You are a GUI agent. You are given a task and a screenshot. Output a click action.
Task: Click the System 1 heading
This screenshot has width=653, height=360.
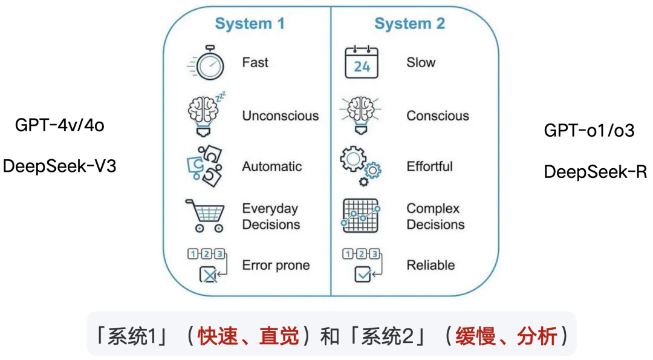pyautogui.click(x=250, y=24)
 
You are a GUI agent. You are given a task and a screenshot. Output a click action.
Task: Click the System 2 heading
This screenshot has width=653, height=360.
pyautogui.click(x=409, y=24)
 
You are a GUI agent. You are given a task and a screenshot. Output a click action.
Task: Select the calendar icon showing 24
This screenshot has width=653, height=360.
pyautogui.click(x=361, y=62)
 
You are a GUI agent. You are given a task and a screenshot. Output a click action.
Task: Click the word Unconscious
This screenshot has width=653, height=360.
pyautogui.click(x=280, y=116)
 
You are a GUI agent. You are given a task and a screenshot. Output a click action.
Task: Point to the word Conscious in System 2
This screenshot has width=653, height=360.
pyautogui.click(x=437, y=116)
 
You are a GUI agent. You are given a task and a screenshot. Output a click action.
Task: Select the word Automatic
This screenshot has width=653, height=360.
pyautogui.click(x=272, y=166)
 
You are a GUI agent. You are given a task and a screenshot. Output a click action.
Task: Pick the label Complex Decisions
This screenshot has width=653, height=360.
pyautogui.click(x=435, y=217)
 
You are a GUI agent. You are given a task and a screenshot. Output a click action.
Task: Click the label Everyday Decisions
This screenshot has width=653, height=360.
pyautogui.click(x=271, y=217)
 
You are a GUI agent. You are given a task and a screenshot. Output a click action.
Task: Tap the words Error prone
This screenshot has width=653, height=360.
pyautogui.click(x=276, y=265)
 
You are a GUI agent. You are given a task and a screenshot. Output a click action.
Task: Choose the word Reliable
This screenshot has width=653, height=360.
pyautogui.click(x=430, y=265)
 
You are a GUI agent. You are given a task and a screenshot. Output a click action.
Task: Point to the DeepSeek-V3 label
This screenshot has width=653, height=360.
pyautogui.click(x=59, y=166)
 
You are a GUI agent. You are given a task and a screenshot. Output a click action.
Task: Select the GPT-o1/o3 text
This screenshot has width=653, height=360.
pyautogui.click(x=589, y=130)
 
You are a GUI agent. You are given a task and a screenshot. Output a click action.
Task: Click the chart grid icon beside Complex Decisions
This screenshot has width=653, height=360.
pyautogui.click(x=360, y=215)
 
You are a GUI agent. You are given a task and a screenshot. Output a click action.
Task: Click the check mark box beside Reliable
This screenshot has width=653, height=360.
pyautogui.click(x=363, y=275)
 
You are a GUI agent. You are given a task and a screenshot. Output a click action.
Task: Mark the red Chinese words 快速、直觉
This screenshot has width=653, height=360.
pyautogui.click(x=249, y=336)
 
